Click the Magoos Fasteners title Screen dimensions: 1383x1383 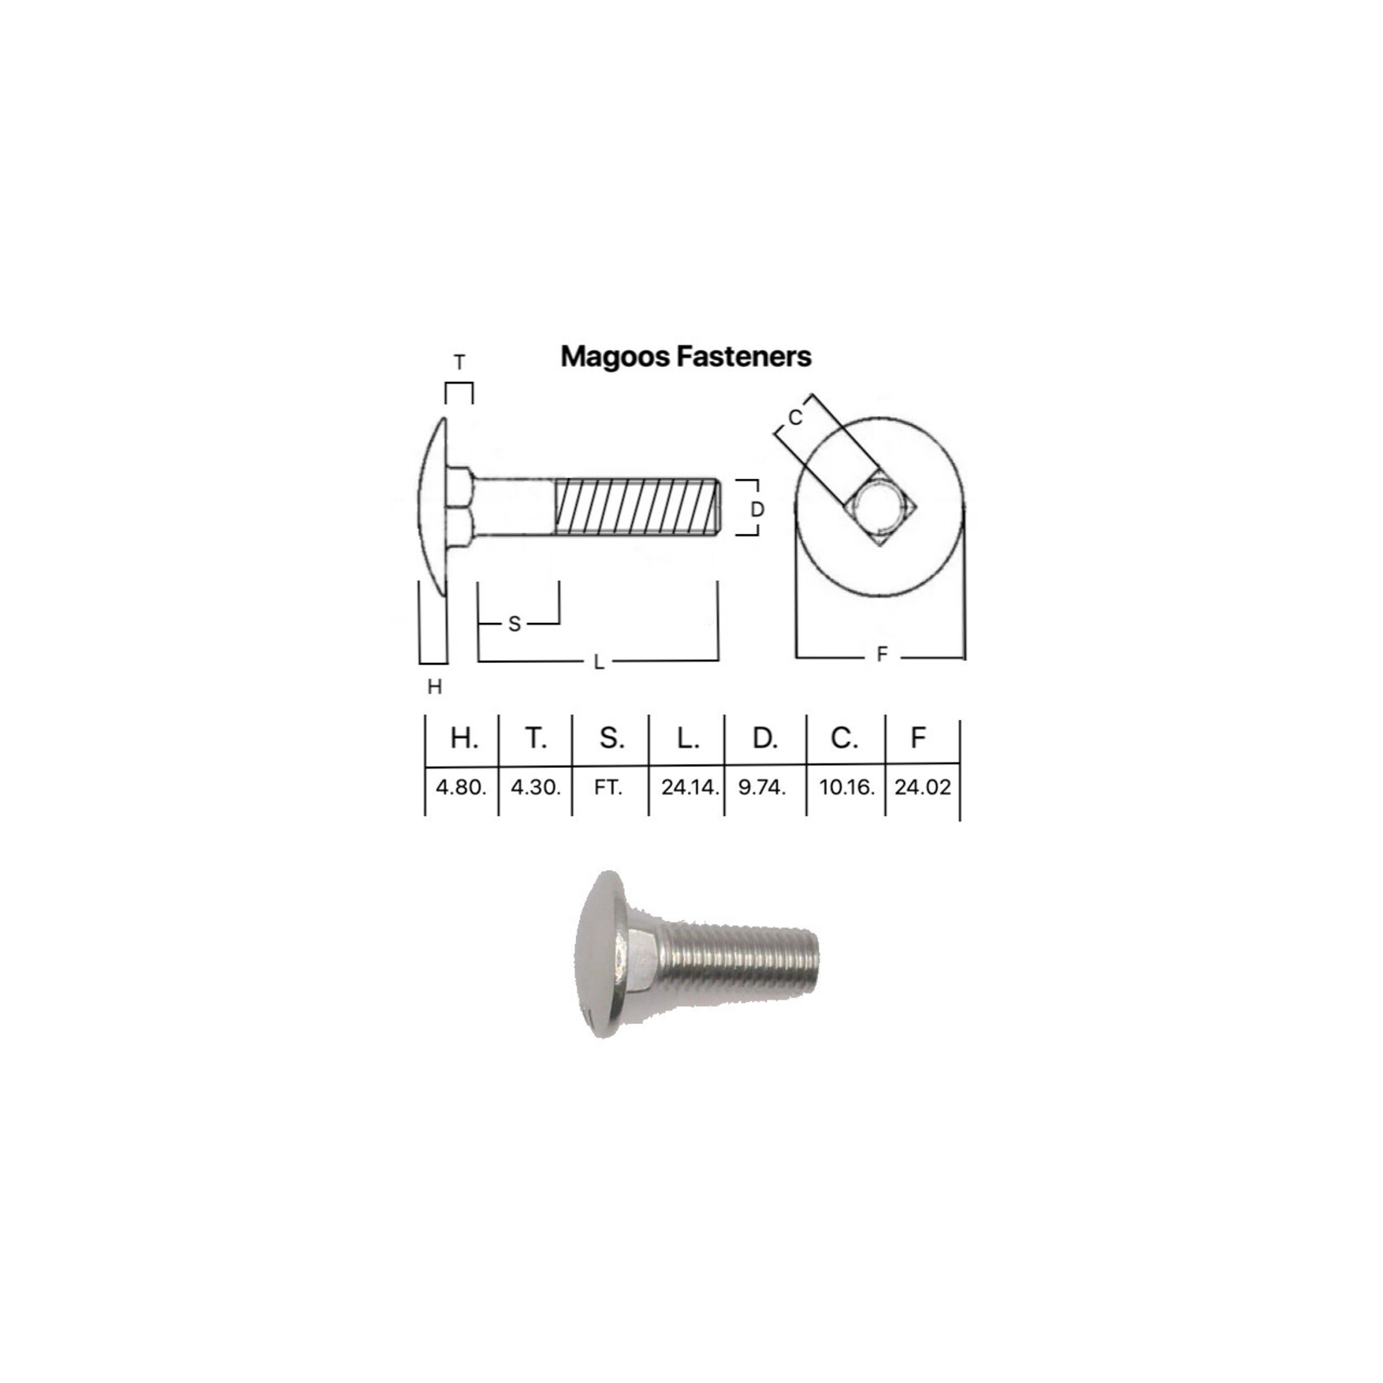point(686,356)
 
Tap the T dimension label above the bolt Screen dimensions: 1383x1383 point(459,362)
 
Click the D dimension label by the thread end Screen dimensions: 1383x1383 point(757,509)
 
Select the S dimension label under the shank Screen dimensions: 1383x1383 point(514,624)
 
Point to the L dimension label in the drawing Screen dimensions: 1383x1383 point(599,662)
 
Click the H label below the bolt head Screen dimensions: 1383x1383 point(434,687)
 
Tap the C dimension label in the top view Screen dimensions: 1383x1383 point(795,417)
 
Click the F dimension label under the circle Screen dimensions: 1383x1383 point(882,656)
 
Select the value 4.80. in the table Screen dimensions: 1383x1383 point(460,787)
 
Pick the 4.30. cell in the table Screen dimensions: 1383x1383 point(536,787)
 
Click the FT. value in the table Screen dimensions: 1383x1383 point(609,787)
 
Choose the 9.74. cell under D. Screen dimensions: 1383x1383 point(762,787)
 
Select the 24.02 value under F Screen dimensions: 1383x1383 point(923,787)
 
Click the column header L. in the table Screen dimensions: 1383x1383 point(688,738)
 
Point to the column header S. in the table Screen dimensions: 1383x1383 point(612,738)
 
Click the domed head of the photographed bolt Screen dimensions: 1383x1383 point(599,954)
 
